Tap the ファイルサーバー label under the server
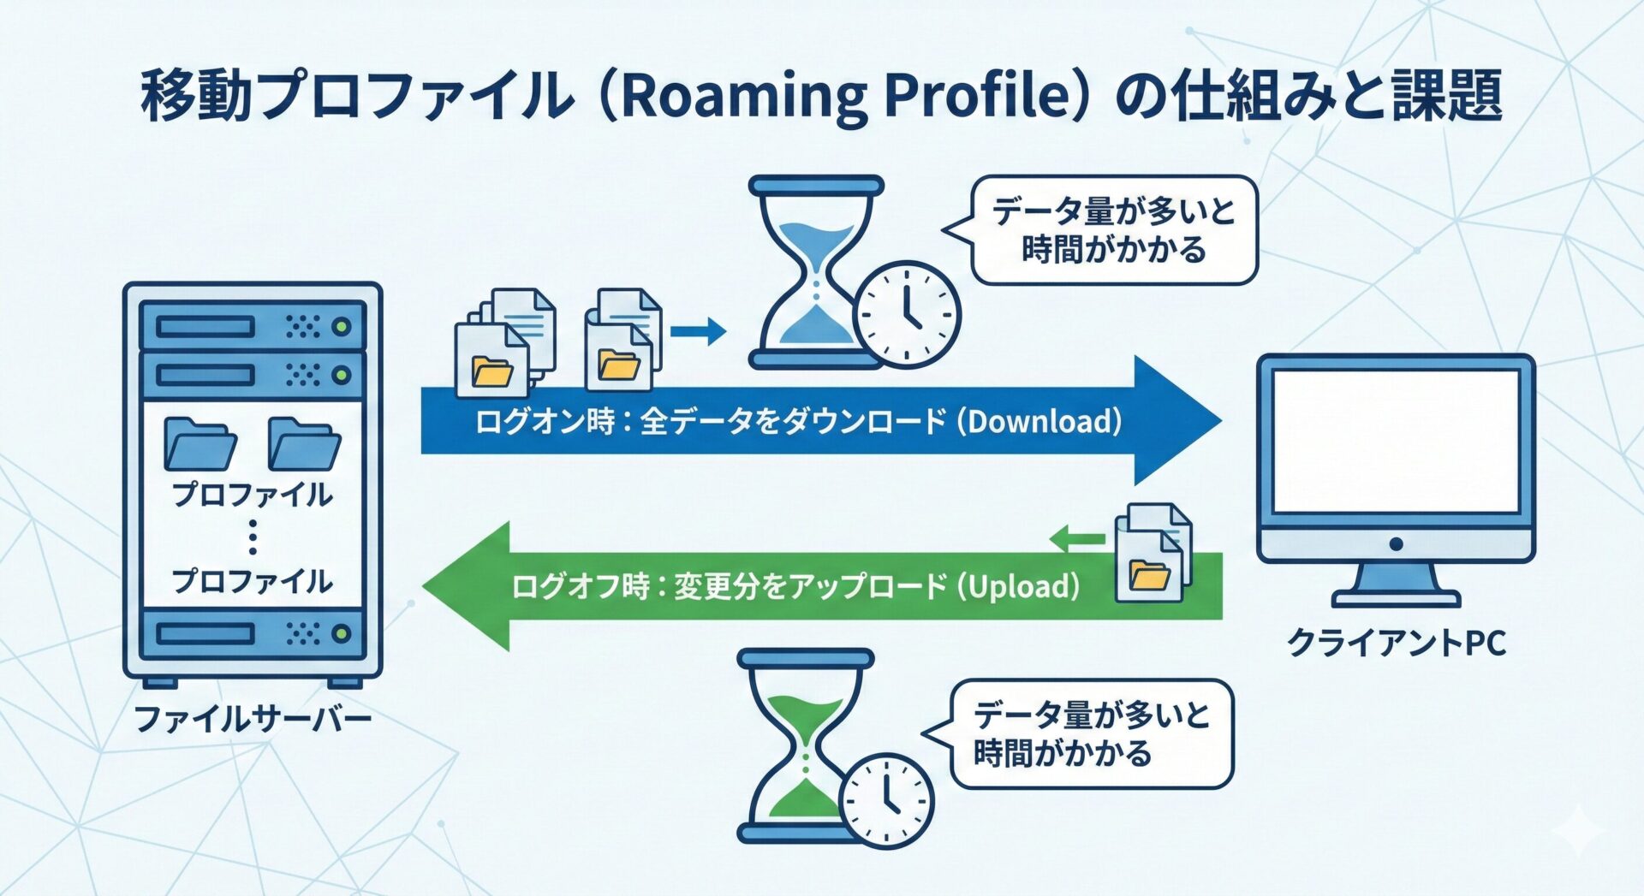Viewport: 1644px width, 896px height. click(253, 718)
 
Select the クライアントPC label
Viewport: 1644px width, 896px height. click(1396, 643)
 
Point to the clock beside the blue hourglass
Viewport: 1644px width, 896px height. click(908, 314)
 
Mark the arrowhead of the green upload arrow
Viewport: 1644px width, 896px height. click(468, 586)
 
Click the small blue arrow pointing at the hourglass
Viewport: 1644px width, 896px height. click(698, 330)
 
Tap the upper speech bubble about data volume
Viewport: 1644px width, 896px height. click(1113, 230)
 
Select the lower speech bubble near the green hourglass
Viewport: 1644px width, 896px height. click(1091, 734)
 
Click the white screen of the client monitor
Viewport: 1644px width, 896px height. click(1396, 441)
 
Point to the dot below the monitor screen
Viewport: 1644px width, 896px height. click(1396, 544)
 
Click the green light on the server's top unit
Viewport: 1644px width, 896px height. click(342, 326)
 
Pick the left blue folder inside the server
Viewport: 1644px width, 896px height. click(200, 444)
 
